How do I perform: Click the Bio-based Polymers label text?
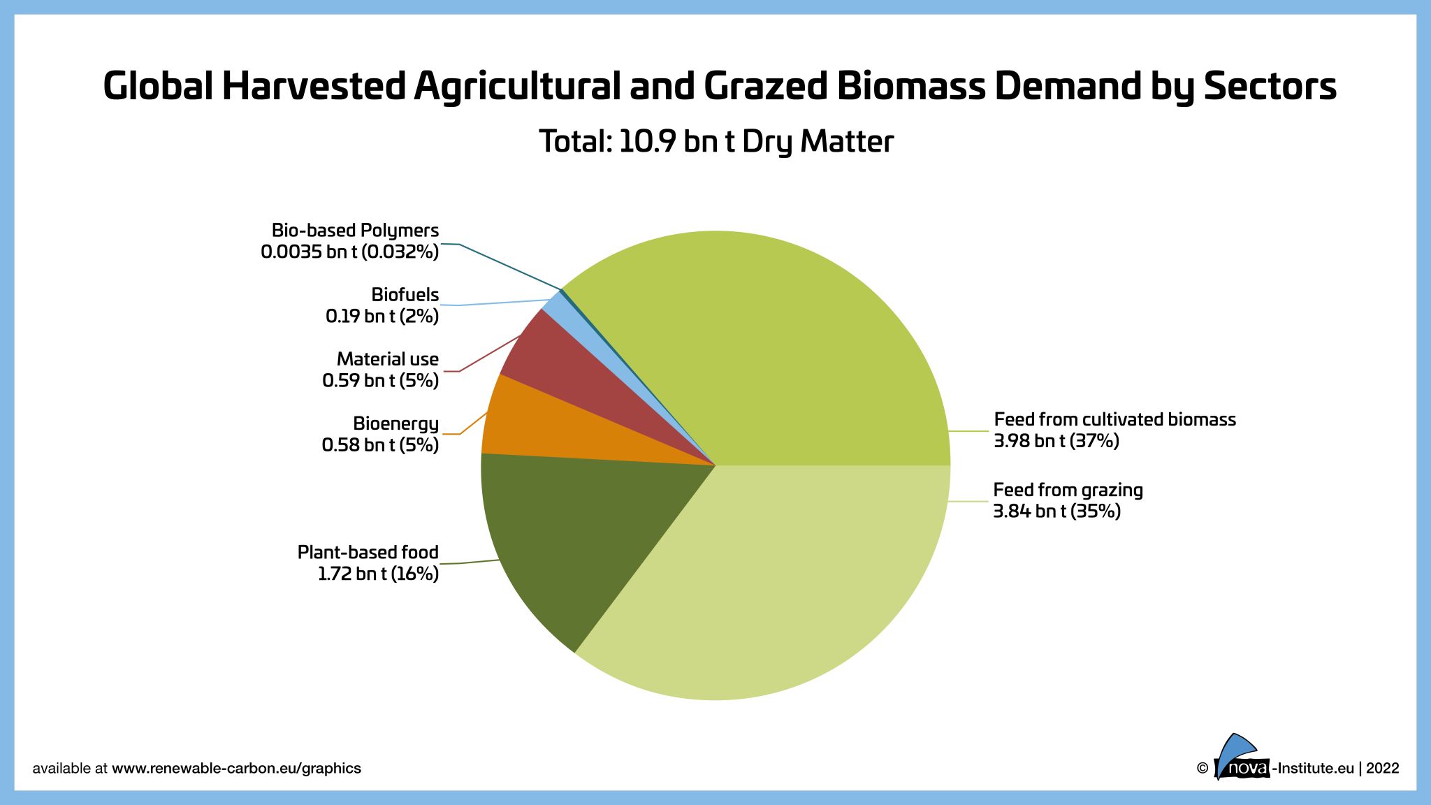coord(355,231)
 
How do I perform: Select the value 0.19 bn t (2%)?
coord(382,317)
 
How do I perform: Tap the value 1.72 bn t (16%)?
coord(378,574)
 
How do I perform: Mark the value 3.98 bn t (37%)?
coord(1056,441)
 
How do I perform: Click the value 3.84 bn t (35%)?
coord(1056,511)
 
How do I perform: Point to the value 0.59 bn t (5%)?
coord(380,381)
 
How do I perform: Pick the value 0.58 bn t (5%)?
coord(380,445)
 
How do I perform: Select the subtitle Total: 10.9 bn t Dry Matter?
coord(716,141)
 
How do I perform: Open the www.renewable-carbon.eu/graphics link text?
coord(236,768)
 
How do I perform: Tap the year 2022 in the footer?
coord(1382,768)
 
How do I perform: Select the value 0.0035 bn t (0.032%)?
coord(349,252)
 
